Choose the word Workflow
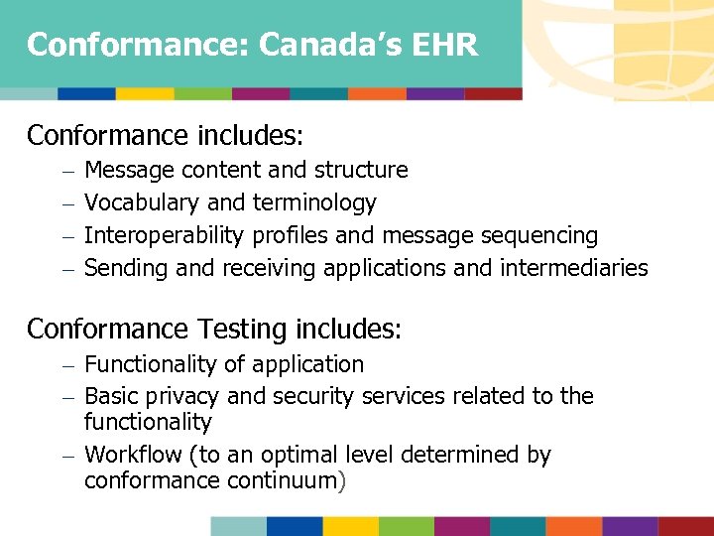(131, 455)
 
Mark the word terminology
(314, 203)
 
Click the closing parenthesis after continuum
(342, 481)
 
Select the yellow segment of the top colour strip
(145, 93)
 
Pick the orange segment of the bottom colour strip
(573, 525)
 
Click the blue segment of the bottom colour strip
(295, 525)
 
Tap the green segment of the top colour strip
(203, 93)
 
